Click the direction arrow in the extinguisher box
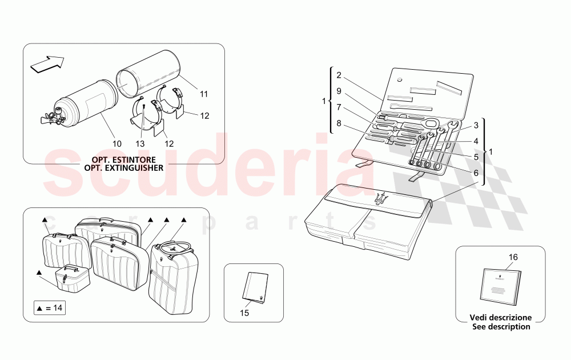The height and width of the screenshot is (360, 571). [x=47, y=64]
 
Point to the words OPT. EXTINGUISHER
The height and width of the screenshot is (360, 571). [x=123, y=168]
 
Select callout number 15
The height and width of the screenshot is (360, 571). [x=244, y=314]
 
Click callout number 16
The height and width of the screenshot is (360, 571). [x=513, y=257]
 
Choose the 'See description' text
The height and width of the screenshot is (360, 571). [x=501, y=327]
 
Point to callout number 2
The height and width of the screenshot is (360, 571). [x=339, y=75]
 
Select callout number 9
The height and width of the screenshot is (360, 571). [x=339, y=90]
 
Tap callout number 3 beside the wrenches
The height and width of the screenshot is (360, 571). [x=475, y=125]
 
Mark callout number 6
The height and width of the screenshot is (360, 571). [x=475, y=173]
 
